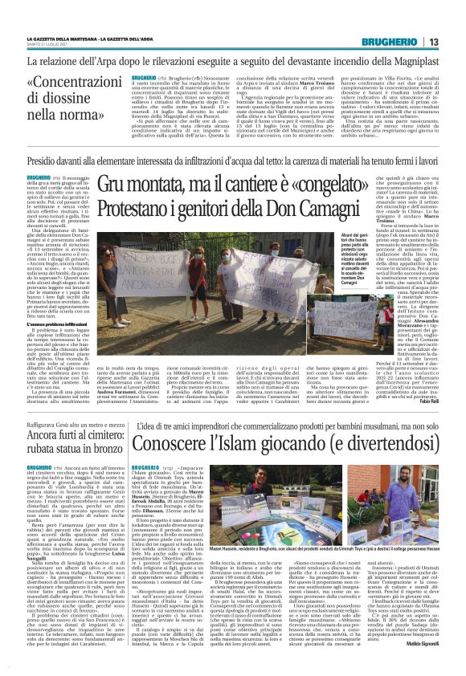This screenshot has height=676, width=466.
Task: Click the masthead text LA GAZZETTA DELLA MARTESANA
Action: point(59,38)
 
